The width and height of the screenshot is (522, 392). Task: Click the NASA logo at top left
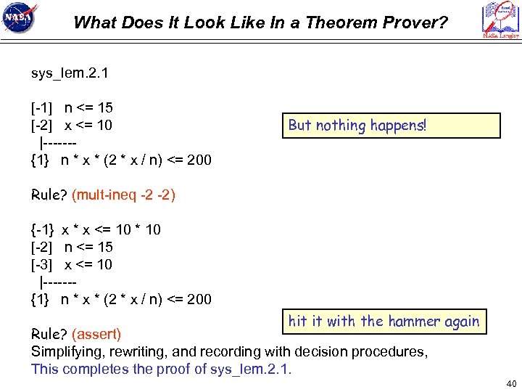click(x=21, y=20)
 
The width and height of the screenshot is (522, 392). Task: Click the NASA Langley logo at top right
click(x=500, y=20)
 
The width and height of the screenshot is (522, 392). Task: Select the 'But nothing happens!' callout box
click(x=391, y=126)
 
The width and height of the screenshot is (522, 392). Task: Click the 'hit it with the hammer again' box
click(x=384, y=321)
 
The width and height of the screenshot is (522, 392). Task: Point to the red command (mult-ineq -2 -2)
click(x=124, y=195)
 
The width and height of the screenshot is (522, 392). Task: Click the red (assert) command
click(x=96, y=335)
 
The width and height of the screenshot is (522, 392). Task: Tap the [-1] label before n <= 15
click(x=41, y=108)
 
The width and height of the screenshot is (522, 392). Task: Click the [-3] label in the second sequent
click(x=41, y=265)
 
